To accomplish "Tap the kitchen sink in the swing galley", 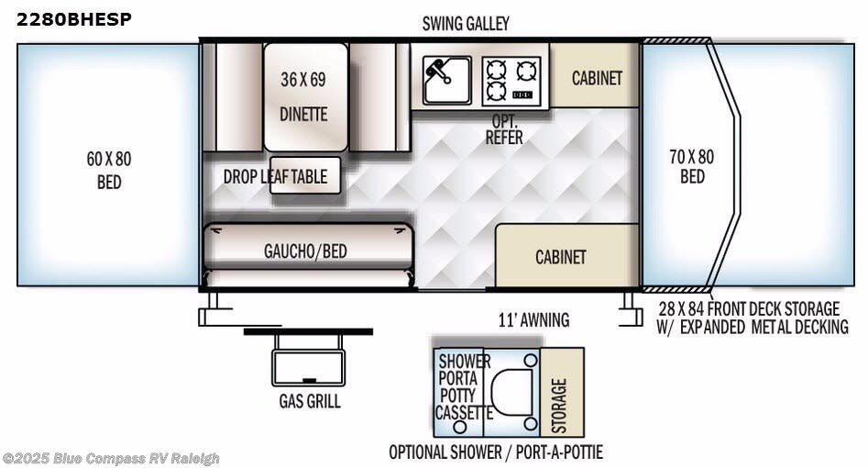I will [x=446, y=80].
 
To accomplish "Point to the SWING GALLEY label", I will [x=466, y=24].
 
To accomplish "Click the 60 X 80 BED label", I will [x=109, y=170].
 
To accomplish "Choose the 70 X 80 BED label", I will [x=692, y=166].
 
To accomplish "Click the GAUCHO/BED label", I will [x=305, y=251].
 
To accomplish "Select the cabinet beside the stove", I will [x=596, y=78].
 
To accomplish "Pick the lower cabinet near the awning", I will [x=560, y=256].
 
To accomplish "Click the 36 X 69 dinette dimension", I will [x=303, y=79].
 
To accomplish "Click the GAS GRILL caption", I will [x=310, y=401].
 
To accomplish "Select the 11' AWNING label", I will [x=533, y=319].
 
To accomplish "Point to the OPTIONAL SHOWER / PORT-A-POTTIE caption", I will [x=496, y=451].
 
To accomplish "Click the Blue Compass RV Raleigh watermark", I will [x=111, y=458].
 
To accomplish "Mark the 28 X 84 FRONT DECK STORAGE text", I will [x=749, y=308].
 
